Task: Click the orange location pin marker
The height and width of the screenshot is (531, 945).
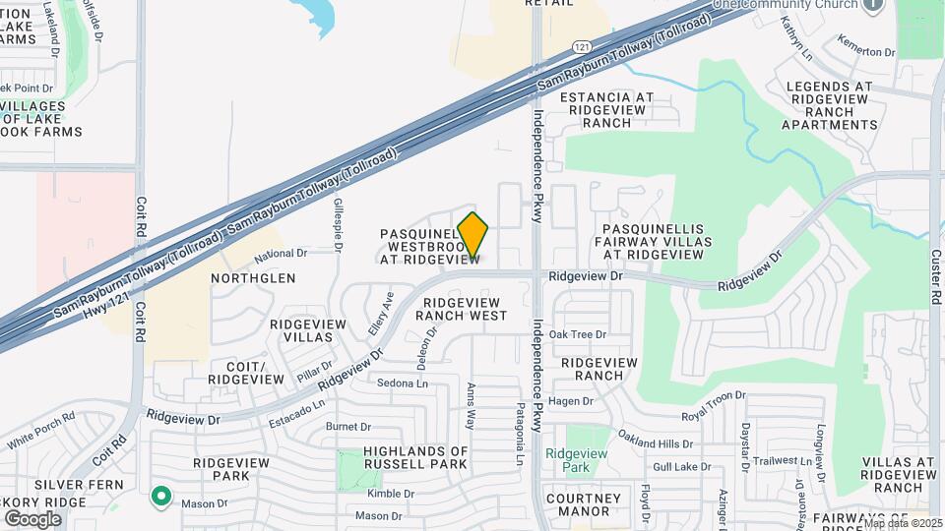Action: [x=473, y=236]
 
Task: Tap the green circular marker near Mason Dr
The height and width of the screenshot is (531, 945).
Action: [x=160, y=498]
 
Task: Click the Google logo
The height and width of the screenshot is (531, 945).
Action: [x=32, y=518]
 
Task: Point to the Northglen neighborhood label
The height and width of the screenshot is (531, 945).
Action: [x=253, y=278]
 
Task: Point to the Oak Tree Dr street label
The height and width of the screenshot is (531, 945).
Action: [x=578, y=334]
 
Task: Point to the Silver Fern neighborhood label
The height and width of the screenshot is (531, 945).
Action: [x=79, y=485]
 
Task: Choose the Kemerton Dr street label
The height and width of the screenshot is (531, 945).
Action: [x=866, y=45]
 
